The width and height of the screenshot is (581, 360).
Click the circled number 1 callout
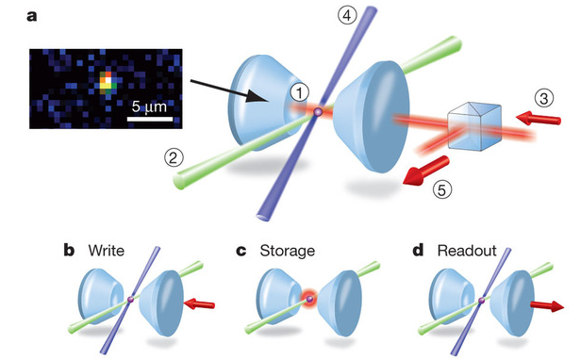[x=298, y=92]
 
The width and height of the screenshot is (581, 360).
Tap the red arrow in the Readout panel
[x=549, y=305]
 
